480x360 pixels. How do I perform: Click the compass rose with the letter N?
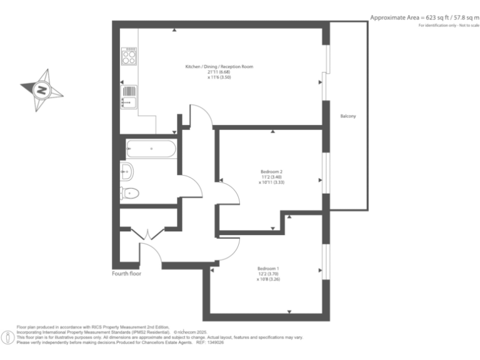pyautogui.click(x=42, y=90)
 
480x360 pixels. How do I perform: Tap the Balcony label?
pyautogui.click(x=348, y=116)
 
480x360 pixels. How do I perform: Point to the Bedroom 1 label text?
pyautogui.click(x=268, y=269)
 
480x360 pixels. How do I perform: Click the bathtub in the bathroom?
pyautogui.click(x=151, y=149)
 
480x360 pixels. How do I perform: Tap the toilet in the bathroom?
pyautogui.click(x=129, y=193)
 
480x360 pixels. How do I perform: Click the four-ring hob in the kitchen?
pyautogui.click(x=129, y=57)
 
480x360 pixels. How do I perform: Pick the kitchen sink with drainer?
pyautogui.click(x=129, y=97)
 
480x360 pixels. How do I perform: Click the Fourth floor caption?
pyautogui.click(x=127, y=274)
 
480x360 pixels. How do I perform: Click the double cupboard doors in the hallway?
pyautogui.click(x=147, y=234)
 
